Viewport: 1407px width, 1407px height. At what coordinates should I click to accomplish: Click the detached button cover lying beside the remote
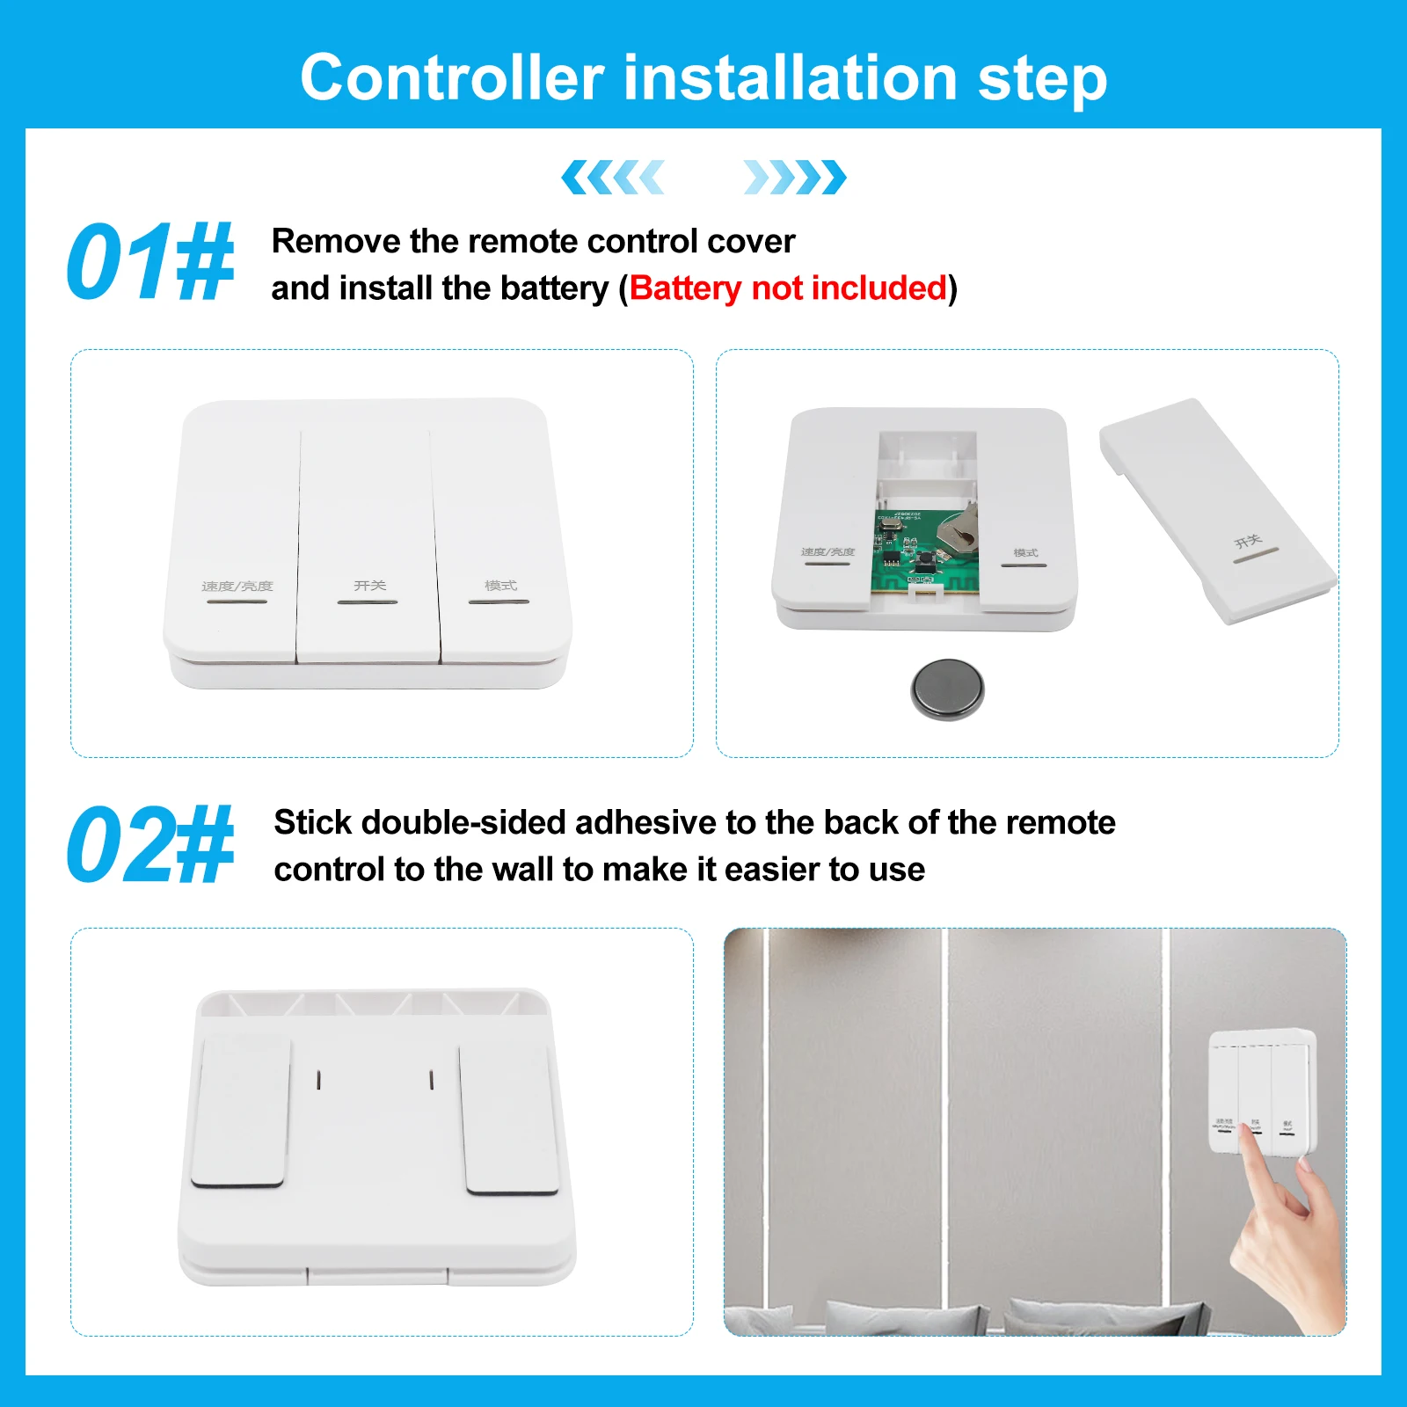tap(1218, 510)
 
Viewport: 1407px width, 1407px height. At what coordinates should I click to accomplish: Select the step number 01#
tap(149, 262)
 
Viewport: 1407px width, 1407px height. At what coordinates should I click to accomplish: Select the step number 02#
tap(149, 844)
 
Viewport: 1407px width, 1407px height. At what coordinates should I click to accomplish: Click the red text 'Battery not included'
tap(788, 288)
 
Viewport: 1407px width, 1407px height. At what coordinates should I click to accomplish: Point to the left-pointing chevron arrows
tap(613, 178)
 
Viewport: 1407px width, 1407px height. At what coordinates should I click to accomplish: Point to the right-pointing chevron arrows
tap(794, 178)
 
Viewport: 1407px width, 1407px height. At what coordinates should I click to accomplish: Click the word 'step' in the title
tap(1042, 79)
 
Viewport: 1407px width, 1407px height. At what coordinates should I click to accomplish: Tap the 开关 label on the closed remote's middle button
tap(369, 586)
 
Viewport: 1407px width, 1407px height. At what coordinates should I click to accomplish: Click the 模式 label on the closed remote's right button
tap(500, 586)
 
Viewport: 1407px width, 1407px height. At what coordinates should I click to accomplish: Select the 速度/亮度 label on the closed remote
tap(237, 587)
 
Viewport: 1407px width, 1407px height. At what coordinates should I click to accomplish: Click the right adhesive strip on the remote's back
tap(509, 1119)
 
